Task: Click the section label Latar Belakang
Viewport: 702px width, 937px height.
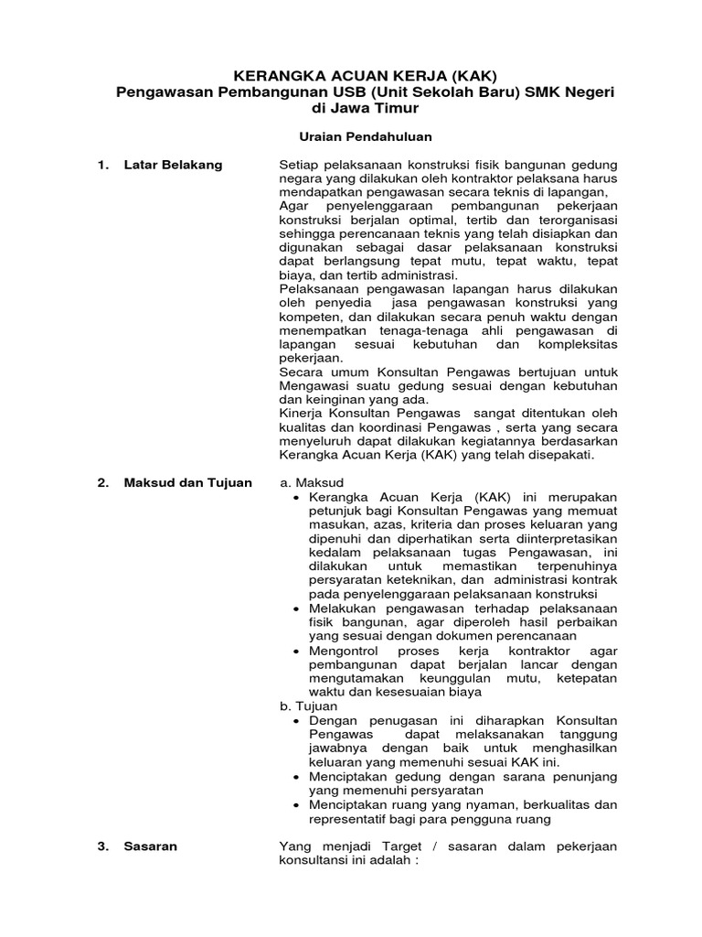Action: [x=173, y=165]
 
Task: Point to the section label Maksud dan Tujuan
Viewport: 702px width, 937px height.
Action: [x=187, y=482]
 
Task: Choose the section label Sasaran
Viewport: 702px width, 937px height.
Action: [x=151, y=846]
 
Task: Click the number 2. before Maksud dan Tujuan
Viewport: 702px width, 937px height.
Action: [x=103, y=482]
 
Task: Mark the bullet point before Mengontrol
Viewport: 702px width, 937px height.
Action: [x=298, y=651]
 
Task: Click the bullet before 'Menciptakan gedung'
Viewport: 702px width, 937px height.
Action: [x=298, y=776]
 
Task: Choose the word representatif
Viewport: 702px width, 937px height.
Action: [x=354, y=819]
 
